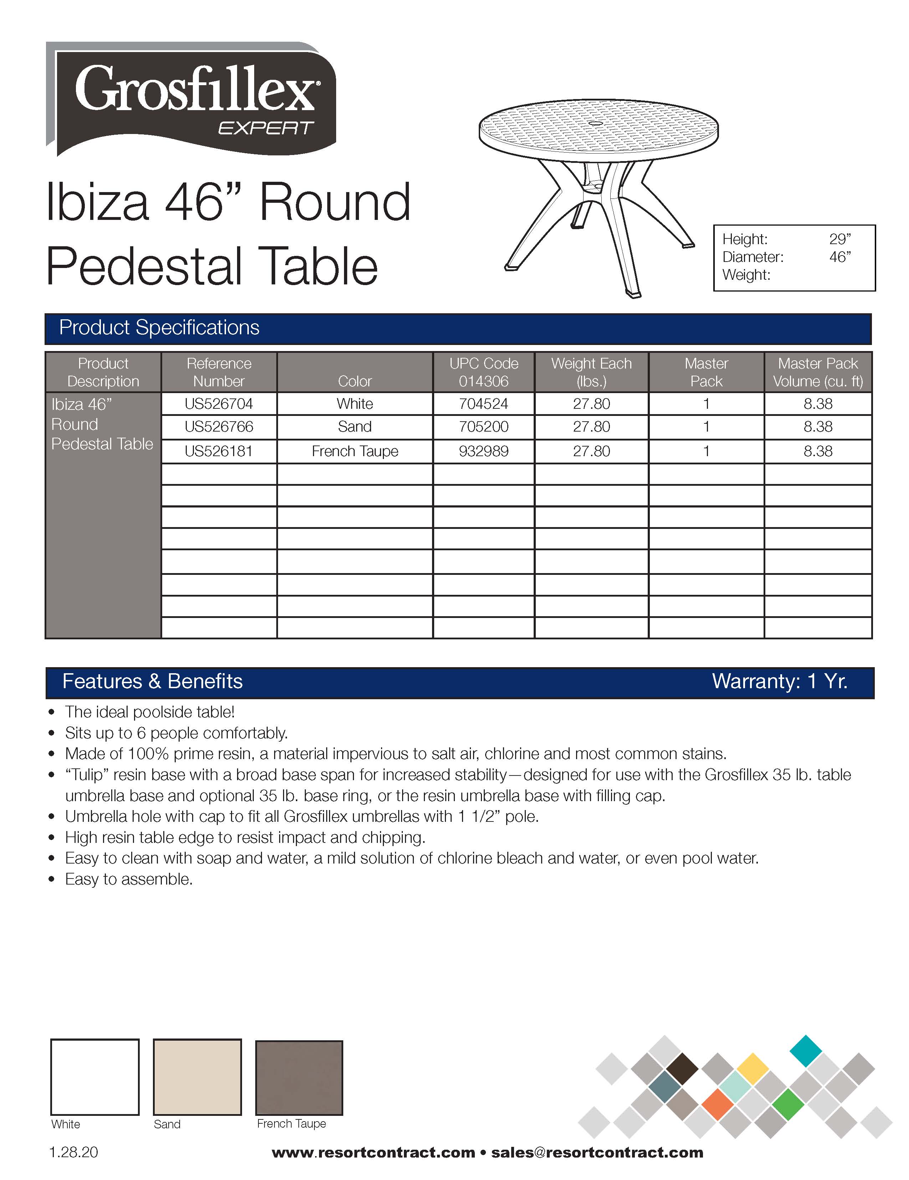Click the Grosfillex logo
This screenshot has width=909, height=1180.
click(x=192, y=97)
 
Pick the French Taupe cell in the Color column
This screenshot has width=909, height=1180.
click(x=355, y=451)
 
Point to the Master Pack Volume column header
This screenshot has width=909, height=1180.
click(x=818, y=372)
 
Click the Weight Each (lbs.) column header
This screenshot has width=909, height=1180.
click(x=591, y=372)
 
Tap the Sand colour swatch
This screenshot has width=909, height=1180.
click(x=197, y=1077)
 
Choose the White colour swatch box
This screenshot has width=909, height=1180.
click(x=94, y=1077)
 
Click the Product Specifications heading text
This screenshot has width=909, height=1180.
click(x=159, y=328)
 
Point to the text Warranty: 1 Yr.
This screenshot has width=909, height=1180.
click(x=779, y=681)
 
